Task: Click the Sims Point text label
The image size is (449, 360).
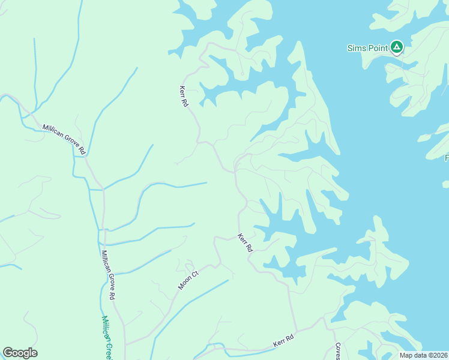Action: pos(367,48)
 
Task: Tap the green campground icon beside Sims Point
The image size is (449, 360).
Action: pos(396,47)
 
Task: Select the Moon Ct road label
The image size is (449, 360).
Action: pos(188,280)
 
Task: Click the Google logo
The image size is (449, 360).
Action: pos(20,353)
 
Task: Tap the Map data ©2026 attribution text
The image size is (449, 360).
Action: pos(424,355)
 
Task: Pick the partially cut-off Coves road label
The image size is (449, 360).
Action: pos(338,352)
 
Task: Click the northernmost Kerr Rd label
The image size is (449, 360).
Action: pos(184,96)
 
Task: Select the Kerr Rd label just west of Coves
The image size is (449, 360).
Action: pos(284,339)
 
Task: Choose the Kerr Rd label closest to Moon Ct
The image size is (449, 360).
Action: pos(246,242)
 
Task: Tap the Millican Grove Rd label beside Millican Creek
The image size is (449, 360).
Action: pos(108,275)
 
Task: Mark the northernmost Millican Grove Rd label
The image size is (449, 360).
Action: pos(65,137)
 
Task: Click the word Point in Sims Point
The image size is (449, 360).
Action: pos(376,48)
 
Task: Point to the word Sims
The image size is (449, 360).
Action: pos(355,48)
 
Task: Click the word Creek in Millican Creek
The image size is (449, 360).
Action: pos(109,346)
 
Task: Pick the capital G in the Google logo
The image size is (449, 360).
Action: pos(8,353)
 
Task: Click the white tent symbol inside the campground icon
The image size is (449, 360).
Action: pos(396,46)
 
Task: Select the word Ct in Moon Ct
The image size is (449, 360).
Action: pos(194,274)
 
